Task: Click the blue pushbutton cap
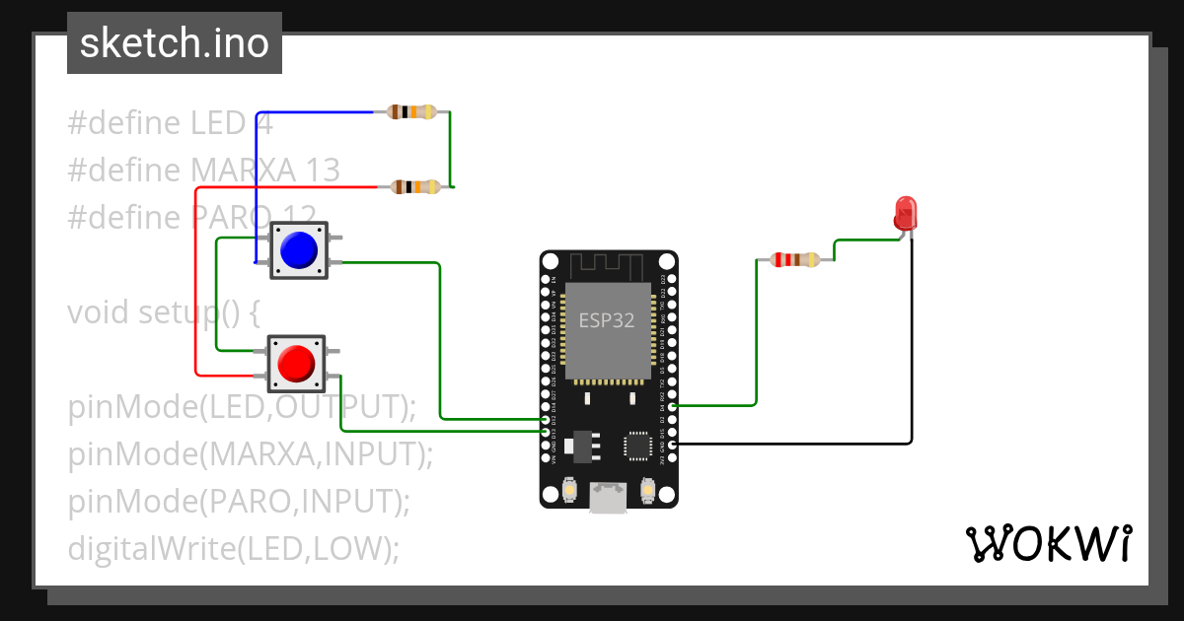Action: pyautogui.click(x=297, y=249)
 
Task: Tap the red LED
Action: pyautogui.click(x=904, y=213)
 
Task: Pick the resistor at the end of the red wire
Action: pyautogui.click(x=415, y=186)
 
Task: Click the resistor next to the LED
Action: pyautogui.click(x=794, y=260)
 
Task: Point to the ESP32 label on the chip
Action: pyautogui.click(x=607, y=320)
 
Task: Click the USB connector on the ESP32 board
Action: pyautogui.click(x=608, y=498)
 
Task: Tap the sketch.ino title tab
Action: pyautogui.click(x=175, y=43)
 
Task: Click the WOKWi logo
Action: pyautogui.click(x=1048, y=543)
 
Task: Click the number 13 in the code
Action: pyautogui.click(x=323, y=171)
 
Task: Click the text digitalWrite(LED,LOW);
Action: pyautogui.click(x=234, y=548)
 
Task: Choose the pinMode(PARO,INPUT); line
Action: pyautogui.click(x=239, y=502)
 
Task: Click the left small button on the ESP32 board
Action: pyautogui.click(x=569, y=489)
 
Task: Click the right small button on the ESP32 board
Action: pyautogui.click(x=647, y=489)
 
